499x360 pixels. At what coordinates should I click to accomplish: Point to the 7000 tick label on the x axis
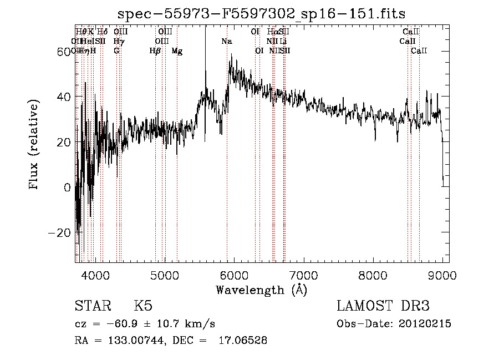click(x=303, y=275)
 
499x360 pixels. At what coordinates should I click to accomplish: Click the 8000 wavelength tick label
click(x=373, y=275)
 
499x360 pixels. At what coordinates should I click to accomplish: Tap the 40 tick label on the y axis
click(x=64, y=97)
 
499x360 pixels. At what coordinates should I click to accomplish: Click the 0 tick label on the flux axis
click(x=68, y=187)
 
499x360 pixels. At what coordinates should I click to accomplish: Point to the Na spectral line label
click(x=227, y=42)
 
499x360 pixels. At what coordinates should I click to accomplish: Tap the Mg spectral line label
click(x=177, y=51)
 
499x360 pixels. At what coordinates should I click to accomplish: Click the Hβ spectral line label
click(x=155, y=51)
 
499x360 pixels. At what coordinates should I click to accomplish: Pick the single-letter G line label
click(x=116, y=51)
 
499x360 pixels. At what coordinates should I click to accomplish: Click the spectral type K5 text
click(x=143, y=306)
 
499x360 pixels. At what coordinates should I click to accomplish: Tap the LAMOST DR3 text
click(x=383, y=306)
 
